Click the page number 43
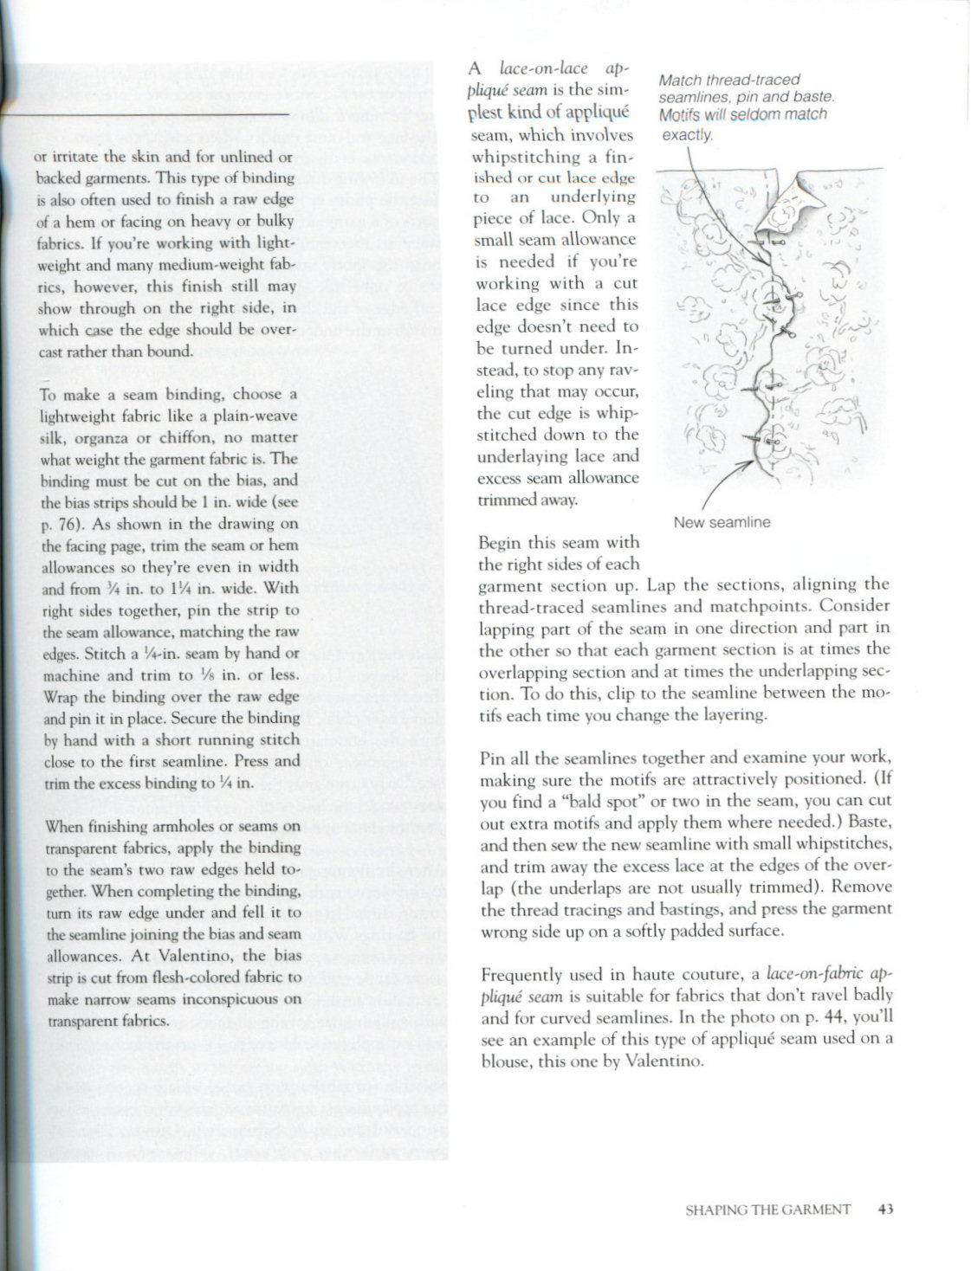(x=884, y=1210)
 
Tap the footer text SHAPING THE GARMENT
(x=767, y=1210)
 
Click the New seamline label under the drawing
(x=722, y=522)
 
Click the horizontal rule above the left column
(x=147, y=113)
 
